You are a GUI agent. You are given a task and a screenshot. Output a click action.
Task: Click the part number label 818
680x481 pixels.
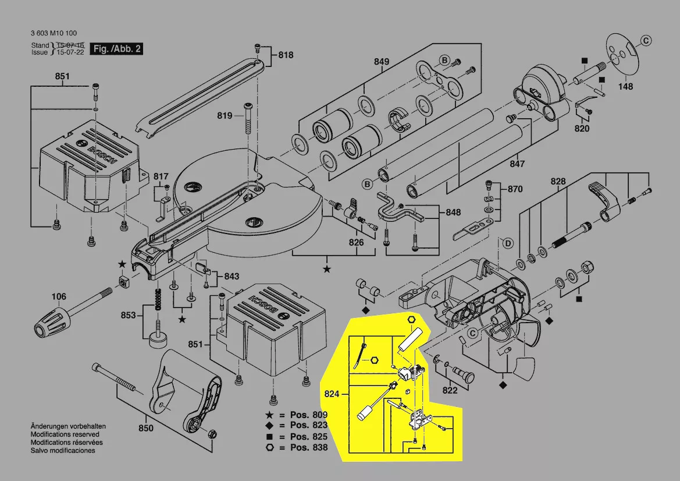286,55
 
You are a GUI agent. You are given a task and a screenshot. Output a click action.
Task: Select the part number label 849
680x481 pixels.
381,61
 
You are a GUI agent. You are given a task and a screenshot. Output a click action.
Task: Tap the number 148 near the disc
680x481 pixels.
625,87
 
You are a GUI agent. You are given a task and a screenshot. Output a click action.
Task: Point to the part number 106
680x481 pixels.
59,296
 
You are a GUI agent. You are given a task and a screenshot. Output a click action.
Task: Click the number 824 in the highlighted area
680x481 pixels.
332,394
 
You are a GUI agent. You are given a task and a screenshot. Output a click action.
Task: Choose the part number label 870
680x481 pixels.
515,189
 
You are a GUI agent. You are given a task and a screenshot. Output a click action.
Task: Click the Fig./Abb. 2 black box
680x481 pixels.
117,49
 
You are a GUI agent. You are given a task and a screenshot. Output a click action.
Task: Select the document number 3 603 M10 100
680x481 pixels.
54,33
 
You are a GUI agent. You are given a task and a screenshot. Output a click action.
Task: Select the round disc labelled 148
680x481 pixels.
621,55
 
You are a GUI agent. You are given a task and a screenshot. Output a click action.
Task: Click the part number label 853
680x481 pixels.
128,315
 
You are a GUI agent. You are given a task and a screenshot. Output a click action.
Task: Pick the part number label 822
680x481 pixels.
450,390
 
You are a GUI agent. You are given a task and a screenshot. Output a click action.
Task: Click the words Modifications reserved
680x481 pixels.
65,434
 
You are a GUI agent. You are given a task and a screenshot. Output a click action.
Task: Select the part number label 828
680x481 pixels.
558,182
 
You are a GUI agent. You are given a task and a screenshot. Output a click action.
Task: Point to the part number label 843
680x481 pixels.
232,276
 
